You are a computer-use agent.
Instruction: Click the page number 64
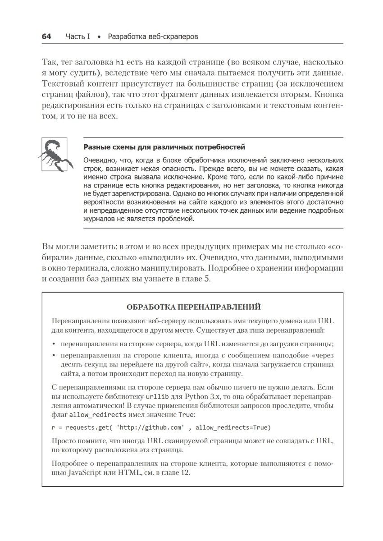[47, 36]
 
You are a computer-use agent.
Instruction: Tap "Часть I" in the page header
[78, 36]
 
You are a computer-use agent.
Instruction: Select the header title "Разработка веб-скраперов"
[153, 36]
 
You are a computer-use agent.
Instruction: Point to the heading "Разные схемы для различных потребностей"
[164, 147]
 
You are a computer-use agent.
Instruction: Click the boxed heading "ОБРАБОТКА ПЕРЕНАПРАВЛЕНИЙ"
[194, 307]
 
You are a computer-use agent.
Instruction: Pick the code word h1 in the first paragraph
[119, 62]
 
